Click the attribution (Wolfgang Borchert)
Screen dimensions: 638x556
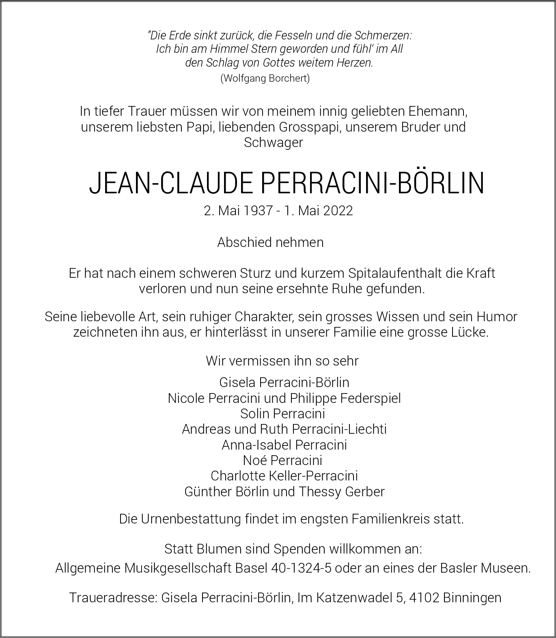pyautogui.click(x=265, y=78)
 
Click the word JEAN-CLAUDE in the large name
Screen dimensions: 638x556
pyautogui.click(x=170, y=183)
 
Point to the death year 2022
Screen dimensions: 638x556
pyautogui.click(x=338, y=211)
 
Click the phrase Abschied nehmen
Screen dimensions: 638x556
pyautogui.click(x=270, y=242)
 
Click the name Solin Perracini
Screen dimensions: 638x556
pyautogui.click(x=282, y=414)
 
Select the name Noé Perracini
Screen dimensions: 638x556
pyautogui.click(x=282, y=461)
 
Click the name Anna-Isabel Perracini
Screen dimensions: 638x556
pyautogui.click(x=284, y=445)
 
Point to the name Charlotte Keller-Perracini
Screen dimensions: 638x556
pyautogui.click(x=284, y=476)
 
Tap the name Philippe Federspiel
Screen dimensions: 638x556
pyautogui.click(x=345, y=398)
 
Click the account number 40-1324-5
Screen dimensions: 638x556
pyautogui.click(x=301, y=568)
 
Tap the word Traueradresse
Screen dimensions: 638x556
pyautogui.click(x=113, y=598)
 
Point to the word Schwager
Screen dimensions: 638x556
pyautogui.click(x=273, y=143)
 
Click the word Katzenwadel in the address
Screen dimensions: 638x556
pyautogui.click(x=353, y=598)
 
